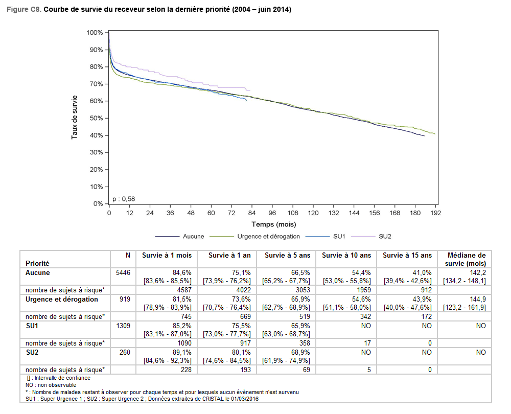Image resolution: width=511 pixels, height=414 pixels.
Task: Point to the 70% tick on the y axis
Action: tap(95, 84)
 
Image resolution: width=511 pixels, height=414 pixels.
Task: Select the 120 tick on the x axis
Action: tap(313, 213)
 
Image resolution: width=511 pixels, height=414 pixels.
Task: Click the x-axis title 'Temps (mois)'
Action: tap(273, 224)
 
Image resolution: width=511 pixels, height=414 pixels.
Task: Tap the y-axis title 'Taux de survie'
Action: tap(75, 117)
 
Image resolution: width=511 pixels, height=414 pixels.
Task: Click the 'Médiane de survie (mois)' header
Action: tap(467, 259)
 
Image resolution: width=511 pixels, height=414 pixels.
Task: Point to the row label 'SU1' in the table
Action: tap(32, 326)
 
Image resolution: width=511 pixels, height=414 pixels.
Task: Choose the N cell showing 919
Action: tap(125, 299)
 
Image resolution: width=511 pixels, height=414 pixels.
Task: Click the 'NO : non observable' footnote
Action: tap(51, 385)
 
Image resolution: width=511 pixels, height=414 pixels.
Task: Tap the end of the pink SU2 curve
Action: tap(250, 90)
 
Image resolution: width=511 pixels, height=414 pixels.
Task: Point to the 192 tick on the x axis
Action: tap(435, 213)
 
